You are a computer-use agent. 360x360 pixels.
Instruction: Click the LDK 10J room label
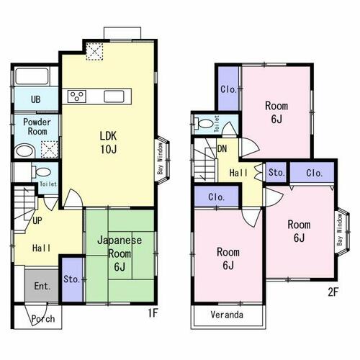click(x=109, y=143)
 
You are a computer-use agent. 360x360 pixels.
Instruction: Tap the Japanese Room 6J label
click(x=120, y=253)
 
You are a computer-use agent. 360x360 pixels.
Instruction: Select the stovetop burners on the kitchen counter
click(x=77, y=96)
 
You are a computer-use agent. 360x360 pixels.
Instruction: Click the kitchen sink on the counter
click(x=114, y=96)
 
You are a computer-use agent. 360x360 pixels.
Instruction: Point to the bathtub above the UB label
click(x=32, y=76)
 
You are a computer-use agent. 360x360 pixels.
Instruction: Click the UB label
click(x=35, y=99)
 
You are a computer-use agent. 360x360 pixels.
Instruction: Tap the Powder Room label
click(x=37, y=127)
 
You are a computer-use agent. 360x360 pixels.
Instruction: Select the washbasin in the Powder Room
click(x=24, y=150)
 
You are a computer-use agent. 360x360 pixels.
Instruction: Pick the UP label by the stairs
click(x=37, y=220)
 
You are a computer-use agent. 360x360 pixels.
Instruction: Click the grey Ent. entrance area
click(x=42, y=285)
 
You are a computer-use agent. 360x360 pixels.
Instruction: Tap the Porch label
click(x=43, y=319)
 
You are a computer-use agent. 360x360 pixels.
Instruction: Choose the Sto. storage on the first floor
click(x=72, y=279)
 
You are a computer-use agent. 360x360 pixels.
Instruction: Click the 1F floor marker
click(x=153, y=312)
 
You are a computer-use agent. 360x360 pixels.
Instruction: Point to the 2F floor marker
click(x=333, y=292)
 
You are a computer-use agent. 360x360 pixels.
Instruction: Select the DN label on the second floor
click(x=222, y=149)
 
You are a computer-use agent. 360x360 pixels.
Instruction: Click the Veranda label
click(x=227, y=315)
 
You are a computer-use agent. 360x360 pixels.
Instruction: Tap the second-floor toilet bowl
click(x=204, y=123)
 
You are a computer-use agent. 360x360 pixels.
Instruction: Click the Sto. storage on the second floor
click(x=276, y=172)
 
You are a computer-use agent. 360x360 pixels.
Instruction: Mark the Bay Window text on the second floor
click(x=339, y=230)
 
